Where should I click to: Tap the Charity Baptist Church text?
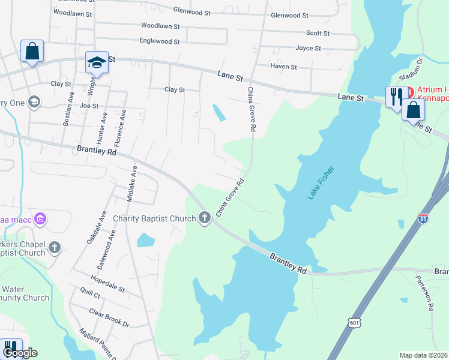(x=154, y=218)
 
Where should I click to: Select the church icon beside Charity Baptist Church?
(x=205, y=217)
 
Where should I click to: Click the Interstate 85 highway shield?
(x=423, y=220)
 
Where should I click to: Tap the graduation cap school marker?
(x=96, y=61)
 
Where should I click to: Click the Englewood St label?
(x=160, y=41)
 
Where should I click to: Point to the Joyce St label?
(x=309, y=48)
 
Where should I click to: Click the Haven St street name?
(x=283, y=67)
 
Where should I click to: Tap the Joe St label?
(x=89, y=106)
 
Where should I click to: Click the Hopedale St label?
(x=107, y=284)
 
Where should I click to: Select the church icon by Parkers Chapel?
(x=55, y=247)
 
